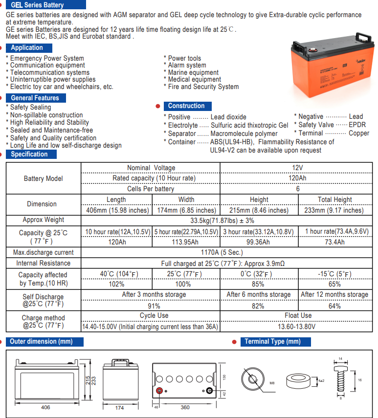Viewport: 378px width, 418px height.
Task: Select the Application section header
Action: tap(27, 47)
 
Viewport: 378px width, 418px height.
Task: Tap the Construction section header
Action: tap(186, 106)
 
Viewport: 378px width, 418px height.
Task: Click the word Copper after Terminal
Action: tap(359, 133)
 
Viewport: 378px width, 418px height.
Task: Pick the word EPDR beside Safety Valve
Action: tap(357, 125)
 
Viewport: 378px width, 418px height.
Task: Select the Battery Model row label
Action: tap(43, 178)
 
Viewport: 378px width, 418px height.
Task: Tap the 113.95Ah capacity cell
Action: tap(186, 242)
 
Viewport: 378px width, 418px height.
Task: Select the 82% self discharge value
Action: tap(258, 306)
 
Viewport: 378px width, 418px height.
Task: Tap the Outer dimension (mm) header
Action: tap(41, 342)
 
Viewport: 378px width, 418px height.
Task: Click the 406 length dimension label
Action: tap(45, 407)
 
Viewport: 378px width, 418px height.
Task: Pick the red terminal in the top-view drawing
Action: tap(159, 391)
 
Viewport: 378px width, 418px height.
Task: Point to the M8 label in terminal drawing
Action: tap(272, 383)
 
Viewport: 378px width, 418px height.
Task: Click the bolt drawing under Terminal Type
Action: tap(341, 379)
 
